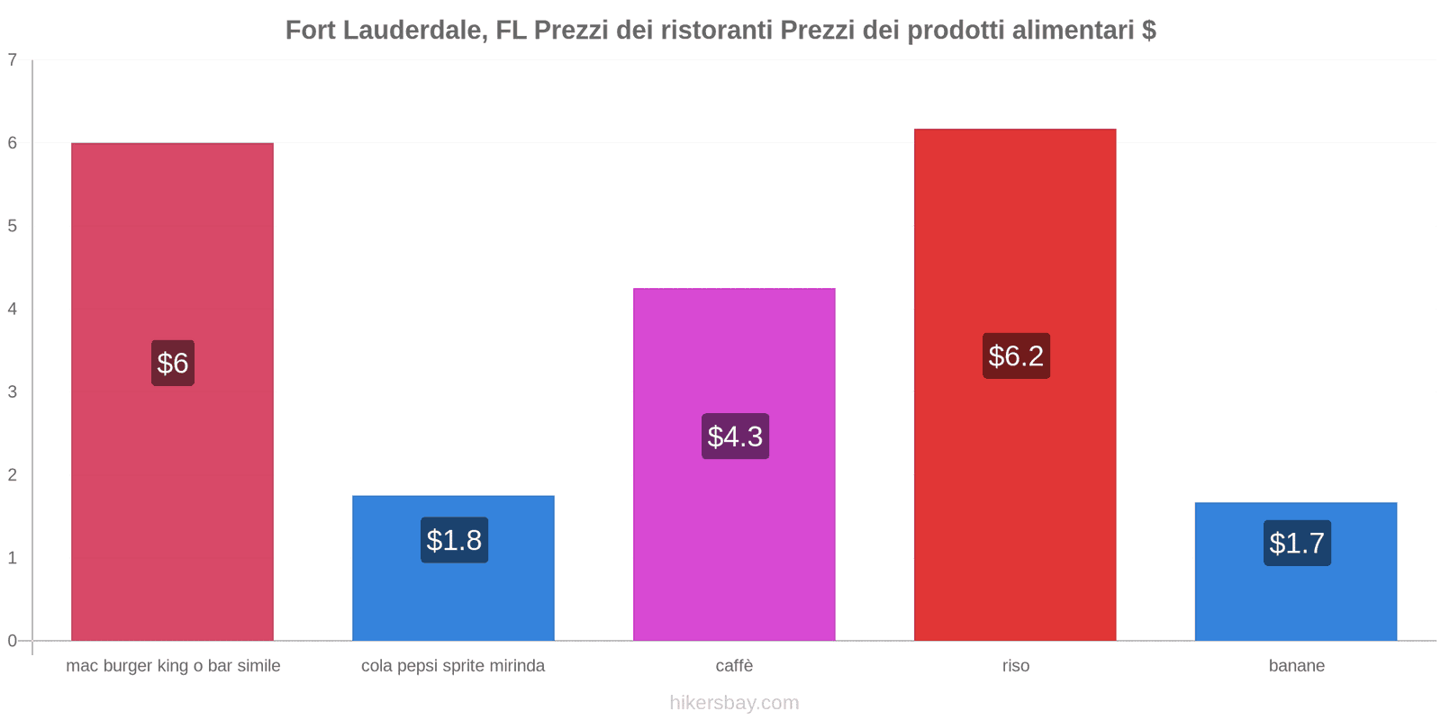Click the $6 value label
172,363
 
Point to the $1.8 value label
454,540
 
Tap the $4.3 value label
735,436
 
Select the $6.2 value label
1016,355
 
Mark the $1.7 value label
1297,543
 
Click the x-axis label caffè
734,666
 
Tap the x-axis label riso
1016,666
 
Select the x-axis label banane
1296,666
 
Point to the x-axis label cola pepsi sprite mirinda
453,666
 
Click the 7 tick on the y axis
13,60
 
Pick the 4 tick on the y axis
13,309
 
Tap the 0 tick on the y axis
13,641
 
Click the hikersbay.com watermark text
734,703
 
